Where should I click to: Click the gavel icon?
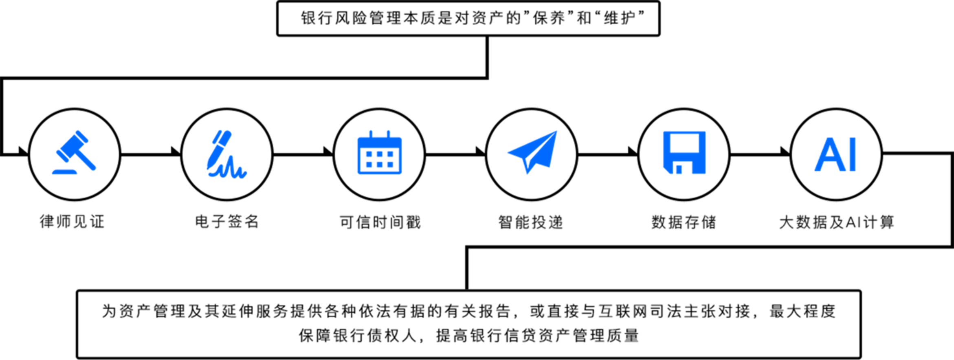75,153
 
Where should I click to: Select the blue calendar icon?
379,153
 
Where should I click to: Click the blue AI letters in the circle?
835,154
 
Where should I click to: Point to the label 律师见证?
72,222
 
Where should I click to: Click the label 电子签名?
227,222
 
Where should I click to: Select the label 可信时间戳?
380,222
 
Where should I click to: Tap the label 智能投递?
530,222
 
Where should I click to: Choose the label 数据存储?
683,222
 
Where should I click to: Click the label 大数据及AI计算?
836,222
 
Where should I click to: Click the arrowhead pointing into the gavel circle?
22,150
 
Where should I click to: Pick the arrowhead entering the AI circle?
785,150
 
